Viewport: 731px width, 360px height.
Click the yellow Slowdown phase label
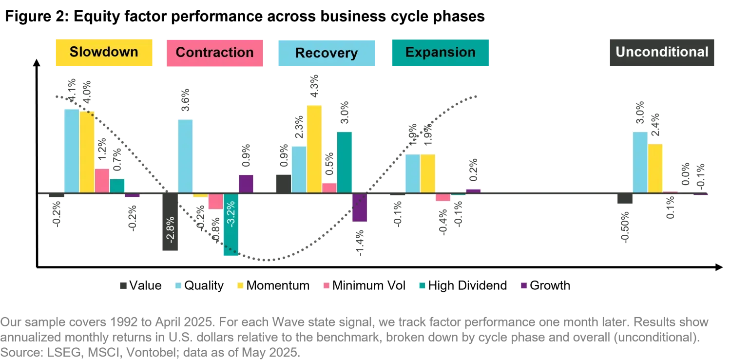pyautogui.click(x=104, y=53)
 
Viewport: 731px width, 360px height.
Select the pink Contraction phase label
pyautogui.click(x=215, y=53)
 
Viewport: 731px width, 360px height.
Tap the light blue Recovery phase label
pyautogui.click(x=327, y=53)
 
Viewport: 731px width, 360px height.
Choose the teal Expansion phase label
pyautogui.click(x=440, y=53)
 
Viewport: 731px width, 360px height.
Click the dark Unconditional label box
pyautogui.click(x=662, y=53)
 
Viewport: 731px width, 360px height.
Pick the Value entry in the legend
pyautogui.click(x=141, y=285)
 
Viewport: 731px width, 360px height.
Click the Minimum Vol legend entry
pyautogui.click(x=364, y=285)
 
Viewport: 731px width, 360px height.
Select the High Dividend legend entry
pyautogui.click(x=463, y=285)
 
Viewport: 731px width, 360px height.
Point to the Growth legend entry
pyautogui.click(x=546, y=285)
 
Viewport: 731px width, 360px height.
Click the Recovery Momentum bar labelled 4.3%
pyautogui.click(x=314, y=149)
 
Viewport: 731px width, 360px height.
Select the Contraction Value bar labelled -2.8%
pyautogui.click(x=170, y=222)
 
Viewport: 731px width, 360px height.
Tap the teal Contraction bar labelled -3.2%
pyautogui.click(x=231, y=225)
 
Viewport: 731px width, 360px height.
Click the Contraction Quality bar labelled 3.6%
pyautogui.click(x=185, y=156)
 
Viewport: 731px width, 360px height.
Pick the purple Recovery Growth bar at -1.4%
pyautogui.click(x=360, y=208)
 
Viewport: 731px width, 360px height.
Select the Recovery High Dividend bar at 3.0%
pyautogui.click(x=344, y=162)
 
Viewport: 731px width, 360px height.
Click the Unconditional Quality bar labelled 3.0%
pyautogui.click(x=640, y=162)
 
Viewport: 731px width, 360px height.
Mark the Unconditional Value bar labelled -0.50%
pyautogui.click(x=625, y=199)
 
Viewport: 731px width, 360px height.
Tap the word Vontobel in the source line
pyautogui.click(x=151, y=353)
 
